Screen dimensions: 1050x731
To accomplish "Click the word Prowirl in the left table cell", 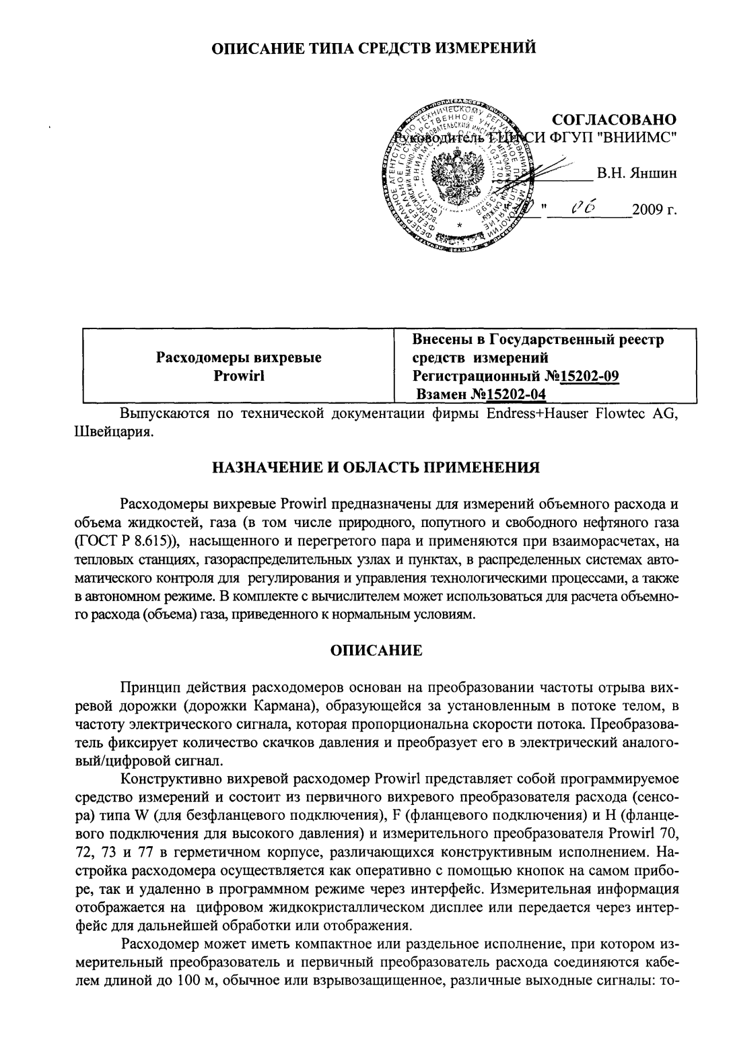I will coord(238,376).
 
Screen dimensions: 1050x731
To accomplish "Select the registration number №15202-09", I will coord(584,376).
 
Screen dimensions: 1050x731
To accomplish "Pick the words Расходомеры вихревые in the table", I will coord(238,358).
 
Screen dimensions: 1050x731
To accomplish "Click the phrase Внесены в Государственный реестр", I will coord(538,340).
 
